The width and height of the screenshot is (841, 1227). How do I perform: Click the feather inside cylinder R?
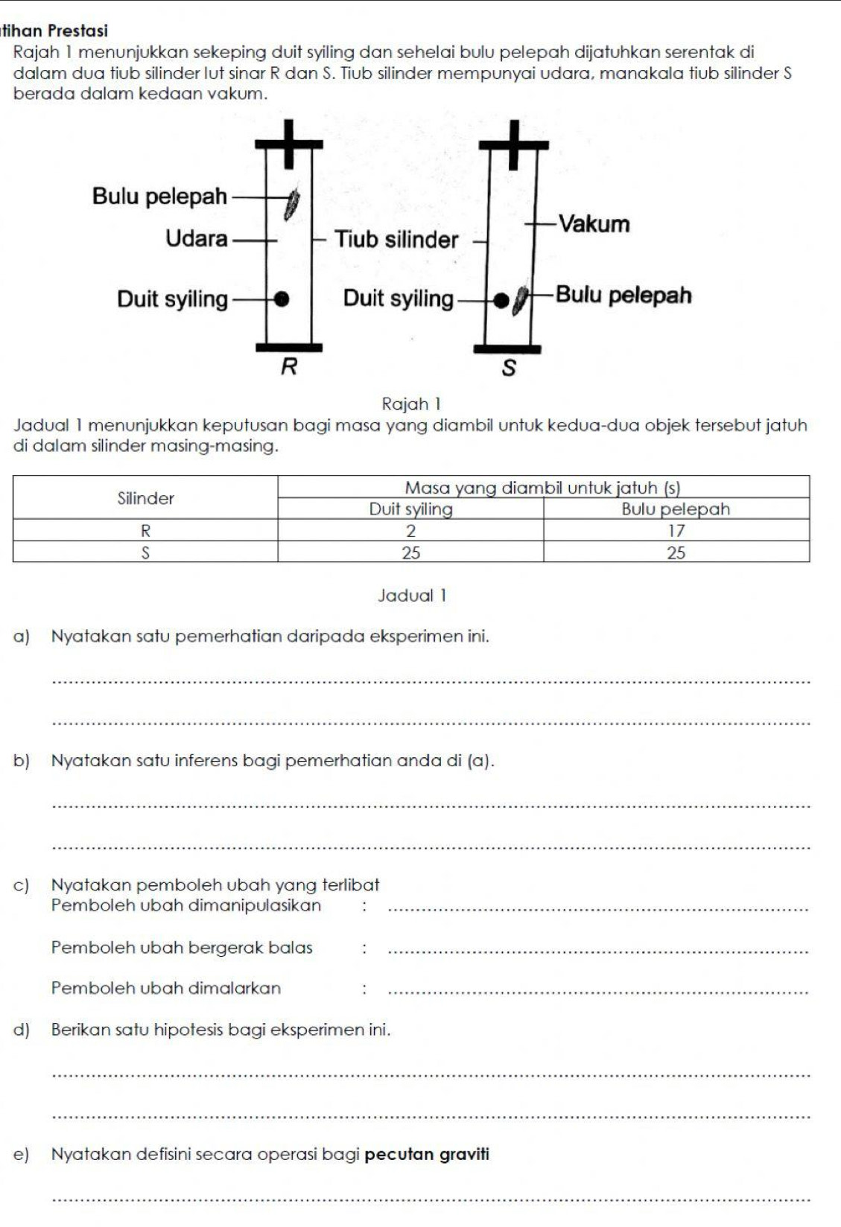[x=293, y=202]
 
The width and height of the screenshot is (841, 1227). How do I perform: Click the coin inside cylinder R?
[x=282, y=299]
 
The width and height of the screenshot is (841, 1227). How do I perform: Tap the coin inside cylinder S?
[x=503, y=299]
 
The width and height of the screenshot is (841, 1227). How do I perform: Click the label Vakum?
[x=594, y=224]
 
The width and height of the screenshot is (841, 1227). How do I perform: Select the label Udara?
[x=197, y=239]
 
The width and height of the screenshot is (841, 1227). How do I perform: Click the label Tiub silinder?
[x=396, y=240]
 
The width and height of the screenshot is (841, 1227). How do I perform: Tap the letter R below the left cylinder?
[x=288, y=367]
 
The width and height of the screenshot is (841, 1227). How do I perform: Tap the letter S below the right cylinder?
[x=509, y=369]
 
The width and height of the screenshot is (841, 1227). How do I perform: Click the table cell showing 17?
[x=676, y=531]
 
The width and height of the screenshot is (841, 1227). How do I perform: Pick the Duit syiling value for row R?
[x=410, y=531]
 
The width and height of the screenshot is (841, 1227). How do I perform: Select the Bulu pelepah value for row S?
[x=676, y=552]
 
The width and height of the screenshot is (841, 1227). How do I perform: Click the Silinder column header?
[x=146, y=499]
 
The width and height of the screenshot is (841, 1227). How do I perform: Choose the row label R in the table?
[x=146, y=531]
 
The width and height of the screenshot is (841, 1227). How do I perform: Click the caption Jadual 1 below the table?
[x=412, y=596]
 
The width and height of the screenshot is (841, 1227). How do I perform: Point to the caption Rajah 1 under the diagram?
[x=411, y=404]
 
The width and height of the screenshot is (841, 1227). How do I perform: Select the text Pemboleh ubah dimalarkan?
[x=166, y=988]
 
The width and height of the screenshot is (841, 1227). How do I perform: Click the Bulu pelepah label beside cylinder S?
[x=623, y=296]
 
